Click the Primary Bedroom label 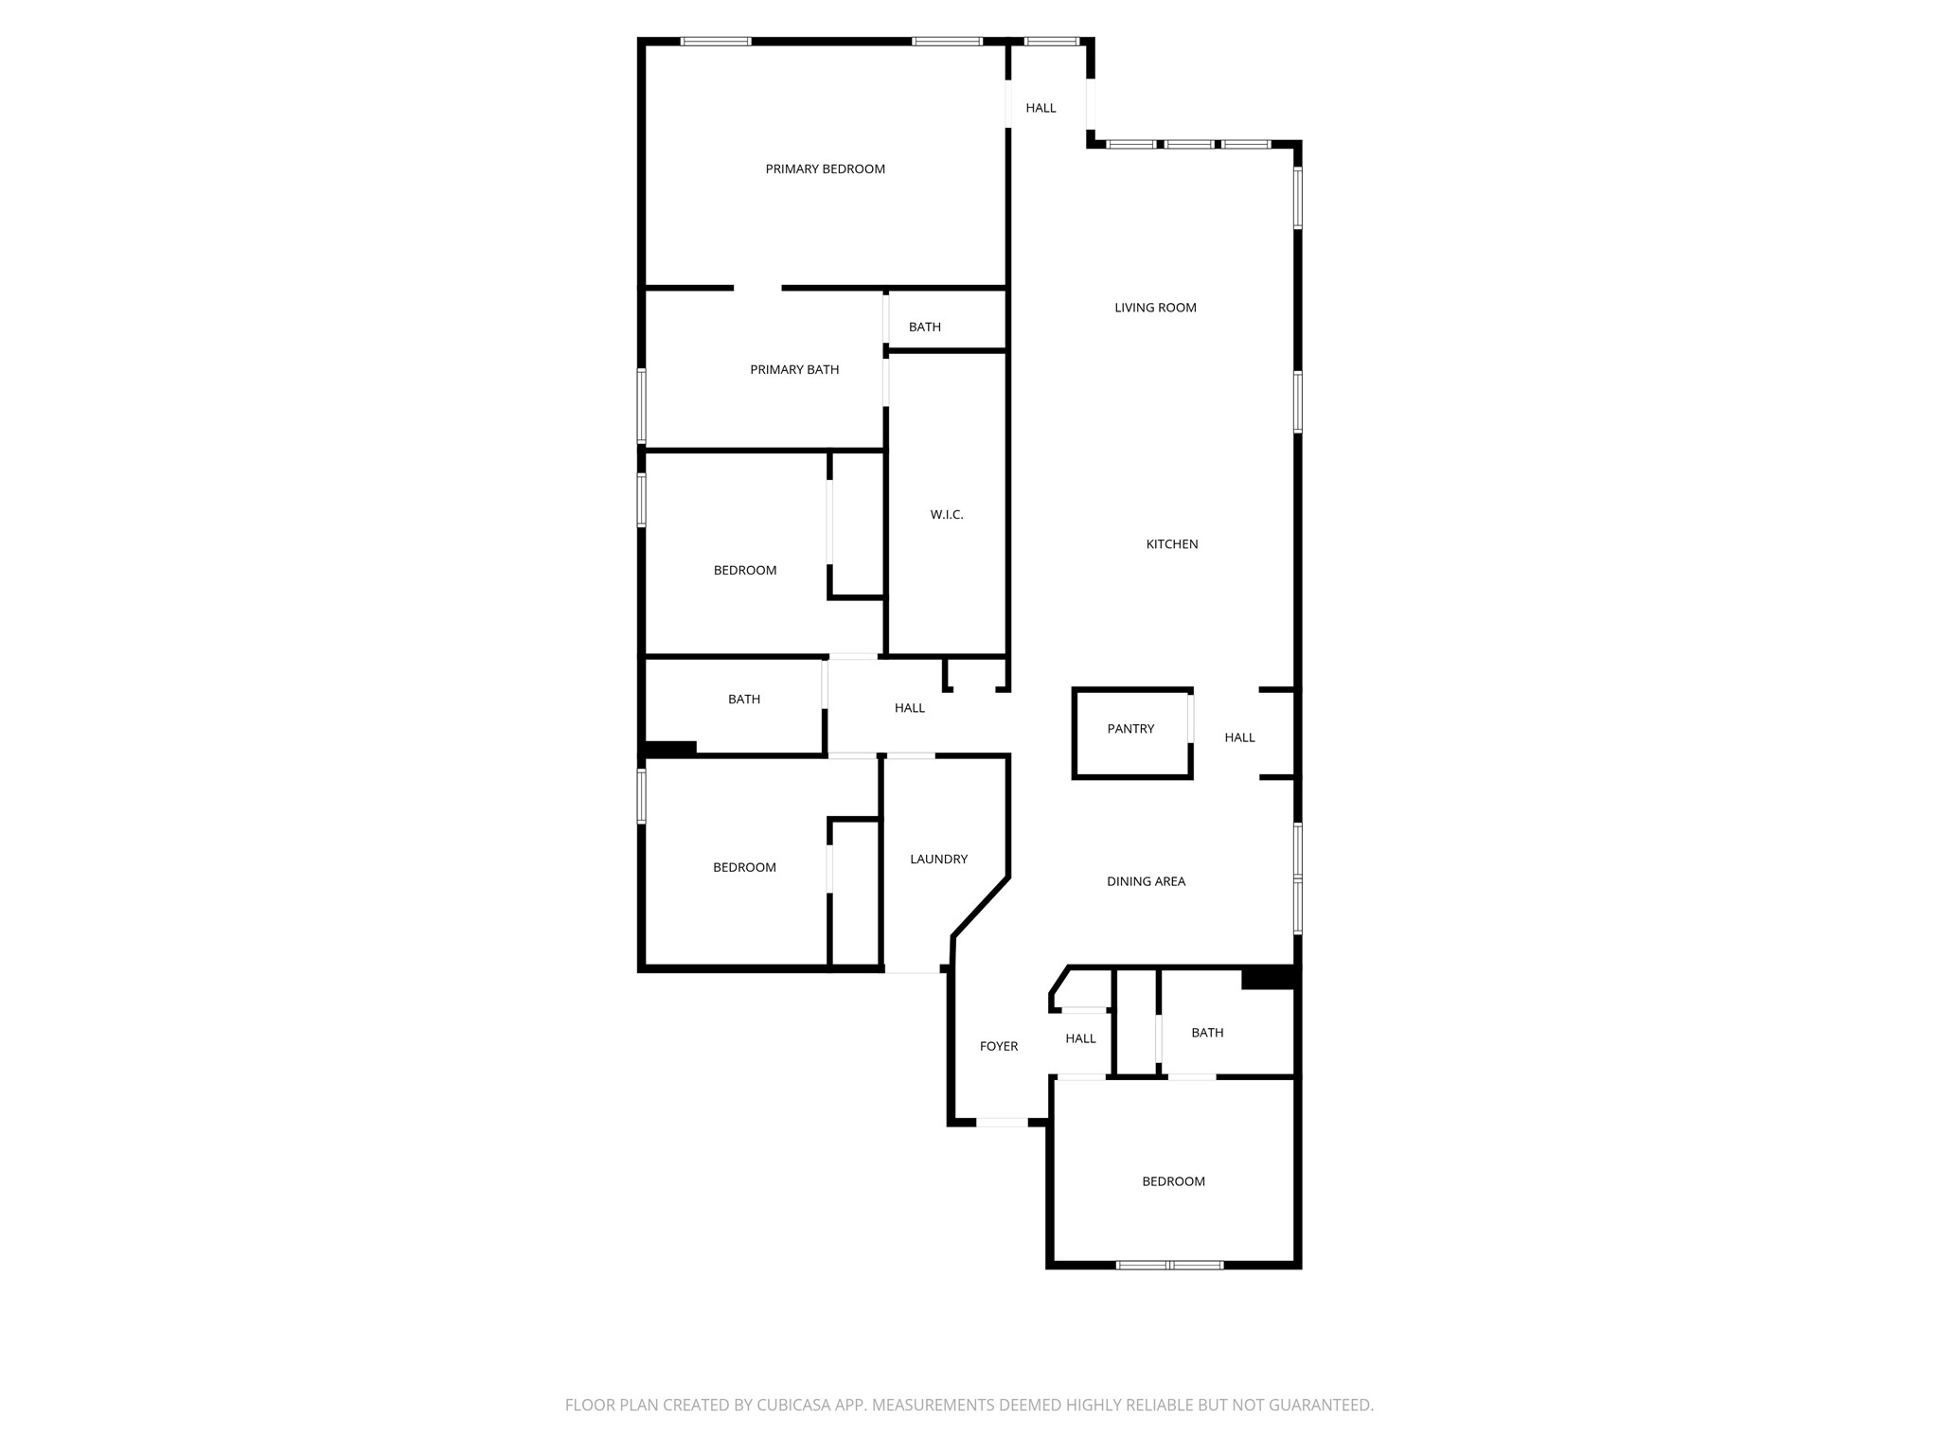click(x=825, y=169)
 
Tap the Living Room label click(x=1155, y=308)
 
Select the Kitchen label click(x=1172, y=544)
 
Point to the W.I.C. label click(x=947, y=515)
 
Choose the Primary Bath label click(x=794, y=370)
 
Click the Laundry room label click(x=938, y=860)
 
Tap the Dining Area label click(x=1146, y=881)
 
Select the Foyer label click(x=999, y=1046)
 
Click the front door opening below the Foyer click(x=1002, y=1123)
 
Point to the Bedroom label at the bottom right click(x=1173, y=1181)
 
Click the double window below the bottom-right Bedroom click(x=1170, y=1265)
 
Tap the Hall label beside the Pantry click(x=1239, y=737)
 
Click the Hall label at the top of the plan click(x=1041, y=108)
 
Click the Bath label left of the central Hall click(x=744, y=700)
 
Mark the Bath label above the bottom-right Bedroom click(x=1207, y=1033)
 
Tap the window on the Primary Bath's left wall click(x=641, y=406)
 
